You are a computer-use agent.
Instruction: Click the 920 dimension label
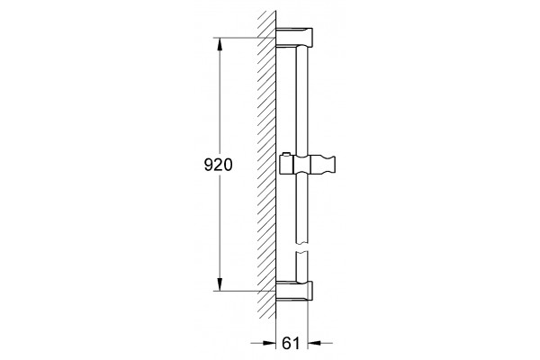[x=219, y=165]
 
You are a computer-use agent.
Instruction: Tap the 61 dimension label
[x=291, y=343]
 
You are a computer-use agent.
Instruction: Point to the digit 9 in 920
[x=209, y=165]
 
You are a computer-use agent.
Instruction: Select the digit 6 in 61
[x=287, y=343]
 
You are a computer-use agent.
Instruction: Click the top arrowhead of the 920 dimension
[x=220, y=44]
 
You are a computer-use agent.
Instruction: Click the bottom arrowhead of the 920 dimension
[x=220, y=284]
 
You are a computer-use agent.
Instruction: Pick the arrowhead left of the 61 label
[x=269, y=343]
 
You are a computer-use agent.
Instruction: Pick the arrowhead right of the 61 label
[x=314, y=343]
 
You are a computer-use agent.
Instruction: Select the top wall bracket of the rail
[x=294, y=37]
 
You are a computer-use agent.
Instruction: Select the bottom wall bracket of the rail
[x=294, y=290]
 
